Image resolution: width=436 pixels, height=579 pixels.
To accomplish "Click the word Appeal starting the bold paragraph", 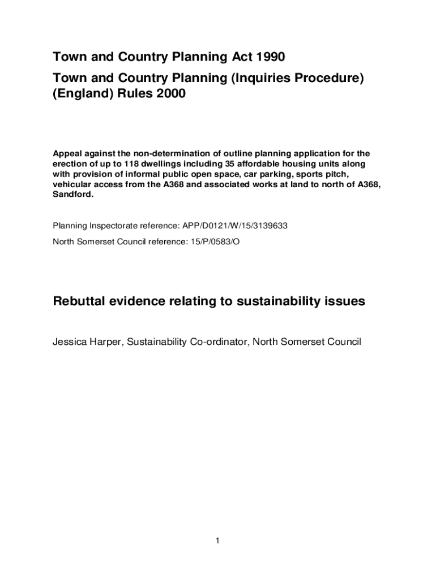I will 67,154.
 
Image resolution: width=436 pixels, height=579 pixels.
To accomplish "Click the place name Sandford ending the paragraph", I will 72,195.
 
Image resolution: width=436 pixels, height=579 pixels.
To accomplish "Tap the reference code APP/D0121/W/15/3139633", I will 235,226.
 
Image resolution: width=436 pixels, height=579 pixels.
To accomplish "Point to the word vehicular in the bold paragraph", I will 71,184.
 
